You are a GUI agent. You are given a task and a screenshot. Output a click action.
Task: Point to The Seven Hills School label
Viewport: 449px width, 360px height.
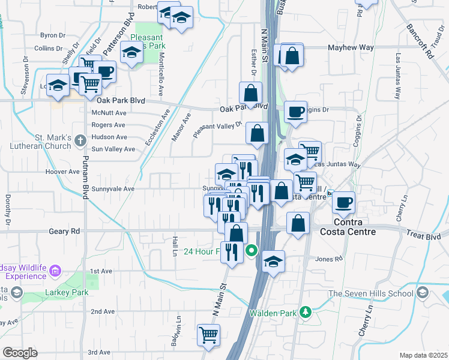370,293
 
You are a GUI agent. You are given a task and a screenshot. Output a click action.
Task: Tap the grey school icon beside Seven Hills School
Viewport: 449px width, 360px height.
423,293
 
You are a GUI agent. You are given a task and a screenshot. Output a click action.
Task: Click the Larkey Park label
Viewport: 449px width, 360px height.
67,293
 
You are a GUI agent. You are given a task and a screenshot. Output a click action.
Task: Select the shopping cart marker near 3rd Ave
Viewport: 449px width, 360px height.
208,335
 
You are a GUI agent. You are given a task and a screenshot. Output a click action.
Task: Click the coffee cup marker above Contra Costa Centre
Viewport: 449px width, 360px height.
343,202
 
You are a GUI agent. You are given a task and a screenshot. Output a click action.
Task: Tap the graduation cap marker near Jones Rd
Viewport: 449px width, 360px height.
273,261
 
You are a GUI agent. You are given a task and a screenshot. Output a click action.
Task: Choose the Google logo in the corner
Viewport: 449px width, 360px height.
20,353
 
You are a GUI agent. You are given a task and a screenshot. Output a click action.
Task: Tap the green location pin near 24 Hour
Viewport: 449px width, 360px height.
252,251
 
